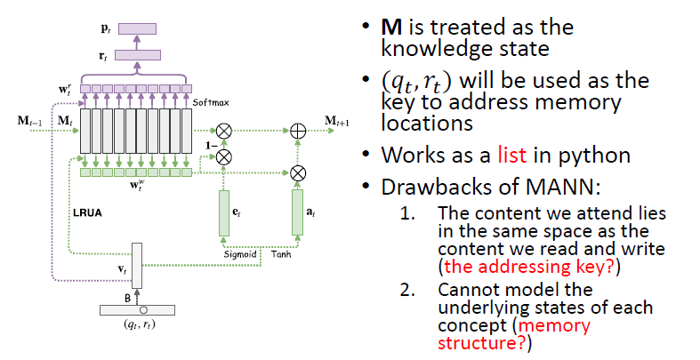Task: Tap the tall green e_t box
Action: tap(224, 212)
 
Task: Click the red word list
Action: tap(540, 155)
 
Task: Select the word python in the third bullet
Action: tap(603, 156)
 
